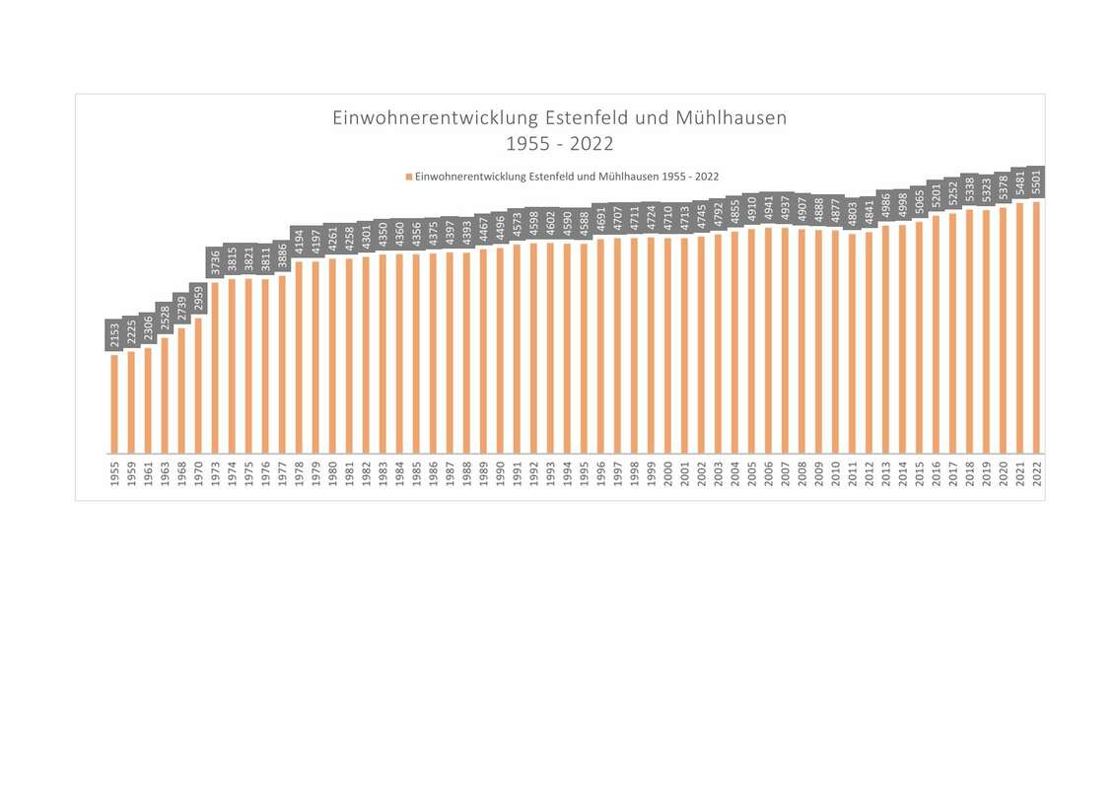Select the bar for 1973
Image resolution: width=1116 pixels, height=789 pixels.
click(x=215, y=367)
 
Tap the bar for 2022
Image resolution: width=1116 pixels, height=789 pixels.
click(x=1036, y=327)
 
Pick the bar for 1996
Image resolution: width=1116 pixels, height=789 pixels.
click(x=600, y=345)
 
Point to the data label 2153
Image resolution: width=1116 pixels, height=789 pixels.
click(x=114, y=335)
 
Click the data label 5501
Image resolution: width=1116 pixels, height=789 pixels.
click(x=1036, y=182)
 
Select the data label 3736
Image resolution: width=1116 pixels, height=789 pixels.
click(x=215, y=263)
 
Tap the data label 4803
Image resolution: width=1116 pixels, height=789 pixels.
click(x=852, y=215)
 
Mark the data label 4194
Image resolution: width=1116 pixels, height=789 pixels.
click(x=299, y=243)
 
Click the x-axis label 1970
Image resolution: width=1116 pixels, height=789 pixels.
click(x=198, y=474)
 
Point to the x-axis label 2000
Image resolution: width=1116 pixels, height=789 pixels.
click(x=667, y=474)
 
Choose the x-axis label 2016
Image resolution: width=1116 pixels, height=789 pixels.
click(x=936, y=474)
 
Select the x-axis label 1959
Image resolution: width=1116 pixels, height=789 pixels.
click(x=131, y=474)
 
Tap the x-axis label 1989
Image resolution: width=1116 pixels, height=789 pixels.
click(x=483, y=474)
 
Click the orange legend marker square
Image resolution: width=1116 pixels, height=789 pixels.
click(x=408, y=177)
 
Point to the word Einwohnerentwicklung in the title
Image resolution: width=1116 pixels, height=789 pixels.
click(x=437, y=118)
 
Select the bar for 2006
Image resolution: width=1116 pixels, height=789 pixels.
click(x=768, y=340)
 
